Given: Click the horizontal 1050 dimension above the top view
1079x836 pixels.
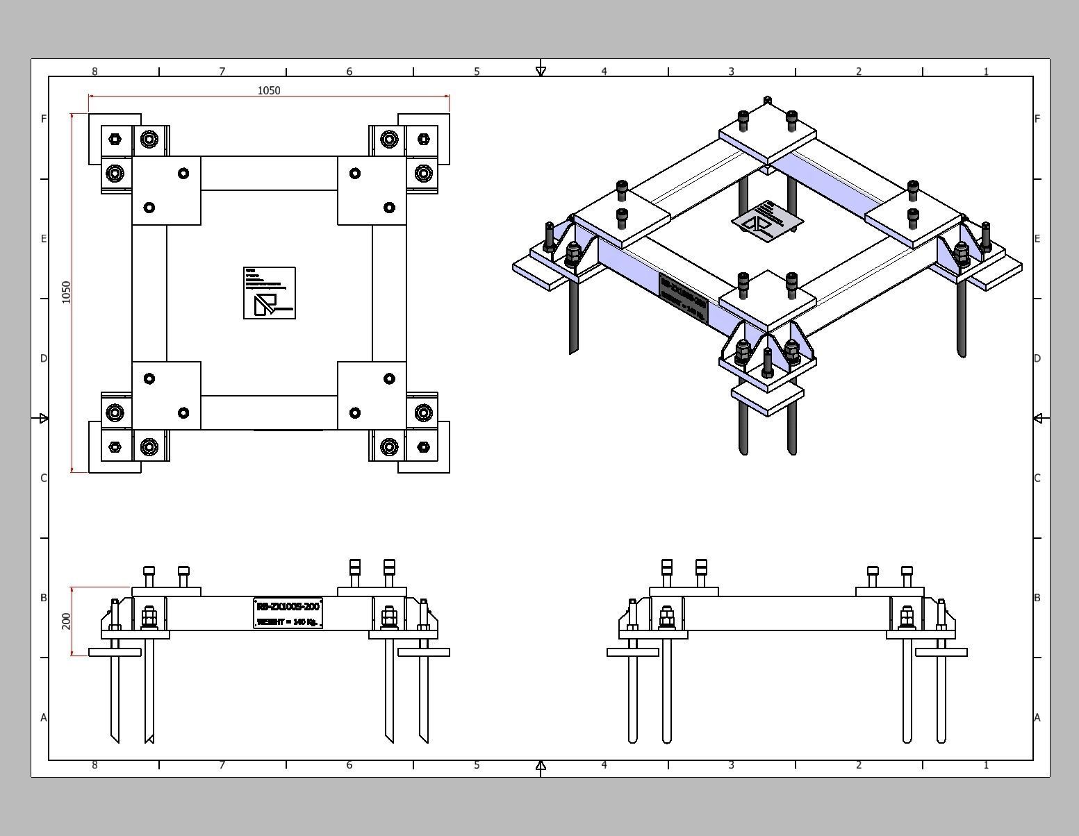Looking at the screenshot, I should click(269, 90).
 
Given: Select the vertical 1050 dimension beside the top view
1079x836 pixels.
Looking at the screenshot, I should click(67, 292).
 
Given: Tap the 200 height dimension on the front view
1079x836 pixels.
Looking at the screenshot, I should click(67, 621).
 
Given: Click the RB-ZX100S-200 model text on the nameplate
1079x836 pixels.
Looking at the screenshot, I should click(288, 605).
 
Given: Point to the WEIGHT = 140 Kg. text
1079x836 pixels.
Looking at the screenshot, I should click(288, 621).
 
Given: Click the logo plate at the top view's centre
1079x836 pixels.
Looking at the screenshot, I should click(270, 293).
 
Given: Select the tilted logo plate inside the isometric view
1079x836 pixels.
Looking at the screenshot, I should click(767, 221).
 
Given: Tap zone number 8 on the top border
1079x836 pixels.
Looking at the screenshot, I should click(94, 71).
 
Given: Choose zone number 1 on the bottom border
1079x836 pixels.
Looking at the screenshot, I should click(986, 765).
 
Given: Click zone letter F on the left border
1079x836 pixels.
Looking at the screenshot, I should click(44, 119).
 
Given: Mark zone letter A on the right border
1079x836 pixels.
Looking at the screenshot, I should click(1037, 717).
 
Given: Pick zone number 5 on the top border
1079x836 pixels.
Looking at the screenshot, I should click(477, 71).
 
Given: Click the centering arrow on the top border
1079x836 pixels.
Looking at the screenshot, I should click(541, 71).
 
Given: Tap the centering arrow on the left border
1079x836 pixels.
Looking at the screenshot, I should click(44, 418).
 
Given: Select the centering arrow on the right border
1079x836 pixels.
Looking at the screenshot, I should click(1038, 418).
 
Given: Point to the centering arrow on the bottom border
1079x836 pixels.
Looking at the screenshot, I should click(541, 765).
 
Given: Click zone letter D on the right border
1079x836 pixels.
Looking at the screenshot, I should click(1037, 358).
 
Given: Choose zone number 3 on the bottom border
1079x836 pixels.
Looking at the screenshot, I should click(732, 765).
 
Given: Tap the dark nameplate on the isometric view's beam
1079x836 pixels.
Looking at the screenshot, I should click(683, 298).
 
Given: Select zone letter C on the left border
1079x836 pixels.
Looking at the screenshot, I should click(44, 478).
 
